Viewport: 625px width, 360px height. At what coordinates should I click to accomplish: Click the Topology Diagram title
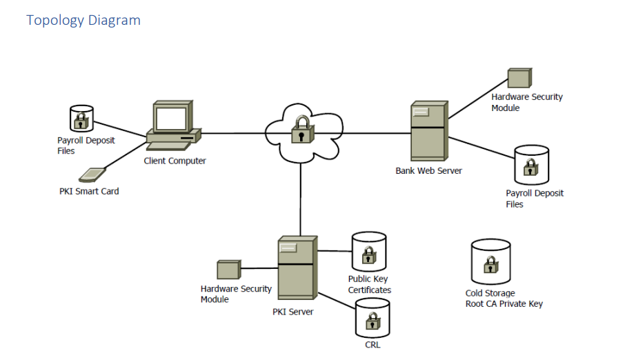pyautogui.click(x=83, y=20)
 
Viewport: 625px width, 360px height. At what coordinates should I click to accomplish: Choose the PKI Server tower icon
pyautogui.click(x=297, y=268)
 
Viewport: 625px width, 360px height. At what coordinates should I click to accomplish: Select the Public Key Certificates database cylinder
pyautogui.click(x=368, y=252)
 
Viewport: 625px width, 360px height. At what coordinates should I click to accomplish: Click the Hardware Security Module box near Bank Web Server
pyautogui.click(x=519, y=78)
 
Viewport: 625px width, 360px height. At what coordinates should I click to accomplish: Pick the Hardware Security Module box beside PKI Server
pyautogui.click(x=228, y=269)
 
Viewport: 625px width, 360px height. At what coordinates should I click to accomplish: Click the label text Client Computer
pyautogui.click(x=175, y=161)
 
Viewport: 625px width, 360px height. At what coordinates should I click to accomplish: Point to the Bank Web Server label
pyautogui.click(x=428, y=170)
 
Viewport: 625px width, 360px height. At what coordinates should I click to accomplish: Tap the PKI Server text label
pyautogui.click(x=292, y=312)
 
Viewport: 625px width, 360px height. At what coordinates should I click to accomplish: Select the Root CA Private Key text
pyautogui.click(x=504, y=303)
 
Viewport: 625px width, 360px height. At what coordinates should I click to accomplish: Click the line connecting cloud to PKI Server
pyautogui.click(x=301, y=200)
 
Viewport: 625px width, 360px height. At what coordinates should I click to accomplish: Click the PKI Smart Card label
pyautogui.click(x=89, y=191)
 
